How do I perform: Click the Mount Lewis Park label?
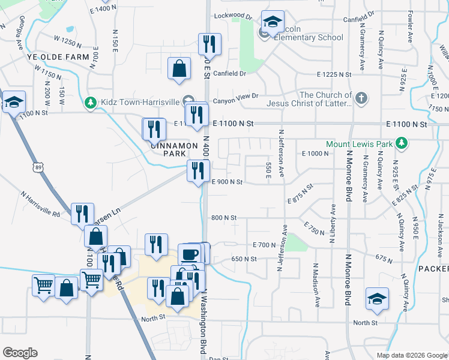[359, 144]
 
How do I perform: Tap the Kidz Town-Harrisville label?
[137, 103]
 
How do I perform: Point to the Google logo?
[20, 352]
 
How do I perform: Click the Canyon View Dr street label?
[238, 95]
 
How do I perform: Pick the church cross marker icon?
[361, 98]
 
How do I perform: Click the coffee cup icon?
[190, 254]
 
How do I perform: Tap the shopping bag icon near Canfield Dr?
[179, 68]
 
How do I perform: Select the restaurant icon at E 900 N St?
[197, 171]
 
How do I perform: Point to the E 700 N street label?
[264, 245]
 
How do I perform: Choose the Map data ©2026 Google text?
[412, 355]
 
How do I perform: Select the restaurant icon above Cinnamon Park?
[154, 128]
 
